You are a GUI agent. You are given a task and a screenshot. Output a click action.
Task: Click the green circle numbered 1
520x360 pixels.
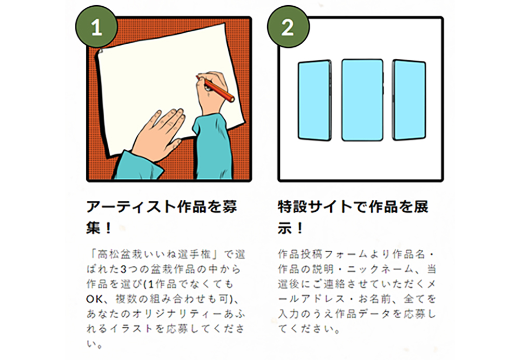click(96, 27)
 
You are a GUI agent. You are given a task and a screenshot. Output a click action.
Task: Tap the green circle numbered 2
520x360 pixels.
click(288, 27)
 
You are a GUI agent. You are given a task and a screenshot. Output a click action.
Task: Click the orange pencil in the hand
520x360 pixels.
click(216, 88)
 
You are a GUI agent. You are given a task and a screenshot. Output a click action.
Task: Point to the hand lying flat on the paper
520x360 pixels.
click(159, 134)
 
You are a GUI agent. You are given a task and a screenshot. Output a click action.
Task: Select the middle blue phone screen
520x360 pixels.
click(362, 100)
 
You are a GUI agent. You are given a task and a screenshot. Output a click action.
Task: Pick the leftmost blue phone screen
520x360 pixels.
click(315, 100)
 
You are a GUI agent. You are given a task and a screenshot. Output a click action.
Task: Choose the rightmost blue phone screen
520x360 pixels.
click(409, 100)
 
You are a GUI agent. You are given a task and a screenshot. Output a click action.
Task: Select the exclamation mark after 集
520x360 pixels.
click(108, 228)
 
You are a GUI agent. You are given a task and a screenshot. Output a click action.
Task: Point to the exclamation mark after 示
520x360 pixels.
click(299, 228)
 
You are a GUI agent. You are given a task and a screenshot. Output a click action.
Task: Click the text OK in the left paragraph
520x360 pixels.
click(95, 299)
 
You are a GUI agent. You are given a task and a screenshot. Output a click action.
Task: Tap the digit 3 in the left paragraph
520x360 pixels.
click(123, 269)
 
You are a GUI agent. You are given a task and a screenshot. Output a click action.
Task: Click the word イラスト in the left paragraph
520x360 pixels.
click(132, 328)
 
